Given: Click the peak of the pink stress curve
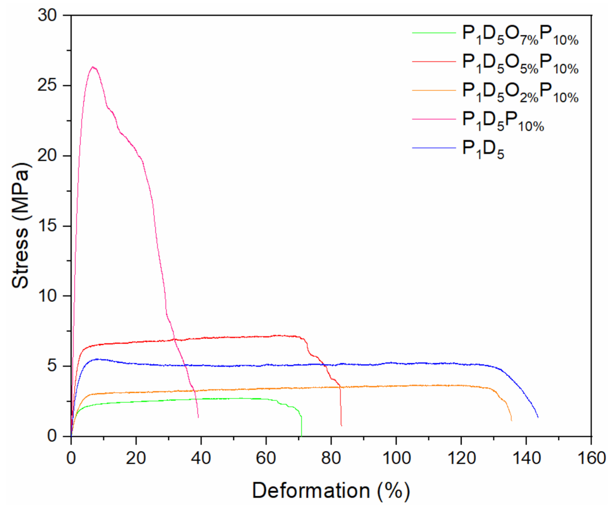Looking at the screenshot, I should point(92,67).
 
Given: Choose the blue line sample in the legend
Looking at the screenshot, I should point(434,148).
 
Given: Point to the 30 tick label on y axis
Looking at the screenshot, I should point(47,16).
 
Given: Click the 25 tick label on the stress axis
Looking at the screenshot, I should point(47,86).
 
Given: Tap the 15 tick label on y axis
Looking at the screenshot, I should point(47,226).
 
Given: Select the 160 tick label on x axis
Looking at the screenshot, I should point(591,458).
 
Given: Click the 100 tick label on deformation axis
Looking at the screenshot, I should point(396,458).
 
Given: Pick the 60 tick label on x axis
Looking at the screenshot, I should point(266,458).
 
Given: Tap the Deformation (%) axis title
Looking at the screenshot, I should point(331,490).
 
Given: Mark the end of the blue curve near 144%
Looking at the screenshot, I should point(538,417).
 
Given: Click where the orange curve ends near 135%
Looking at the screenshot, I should point(511,420).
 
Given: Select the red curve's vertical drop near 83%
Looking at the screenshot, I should point(341,407).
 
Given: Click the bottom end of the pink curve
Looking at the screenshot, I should point(198,417).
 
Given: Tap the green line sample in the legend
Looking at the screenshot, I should point(434,33).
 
